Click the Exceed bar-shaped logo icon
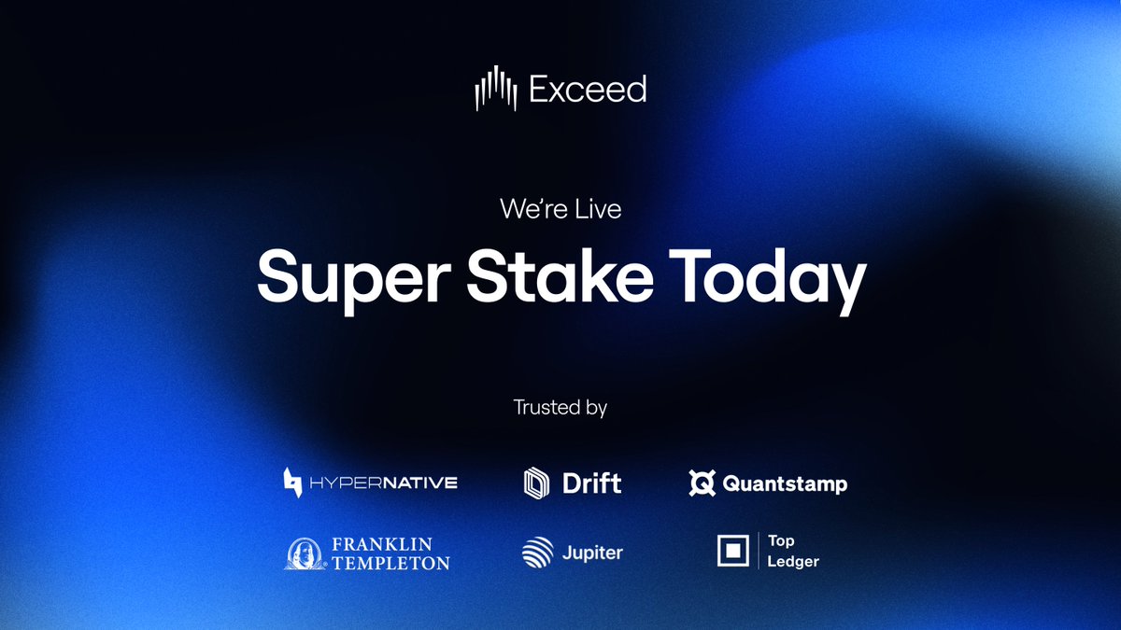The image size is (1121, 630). pyautogui.click(x=496, y=89)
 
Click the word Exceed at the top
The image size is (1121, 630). pyautogui.click(x=588, y=90)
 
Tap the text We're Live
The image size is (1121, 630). pyautogui.click(x=560, y=209)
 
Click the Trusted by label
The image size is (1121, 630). pyautogui.click(x=560, y=408)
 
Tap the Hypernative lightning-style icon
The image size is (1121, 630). pyautogui.click(x=293, y=483)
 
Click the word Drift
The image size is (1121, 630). pyautogui.click(x=592, y=483)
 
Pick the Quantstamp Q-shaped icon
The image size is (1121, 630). pyautogui.click(x=702, y=483)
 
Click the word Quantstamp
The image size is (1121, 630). pyautogui.click(x=786, y=484)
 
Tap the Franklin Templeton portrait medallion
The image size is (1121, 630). pyautogui.click(x=305, y=553)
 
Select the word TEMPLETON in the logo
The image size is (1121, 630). pyautogui.click(x=390, y=563)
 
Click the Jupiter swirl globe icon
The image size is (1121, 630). pyautogui.click(x=538, y=553)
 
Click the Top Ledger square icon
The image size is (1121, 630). pyautogui.click(x=733, y=552)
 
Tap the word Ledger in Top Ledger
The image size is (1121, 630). pyautogui.click(x=793, y=561)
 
